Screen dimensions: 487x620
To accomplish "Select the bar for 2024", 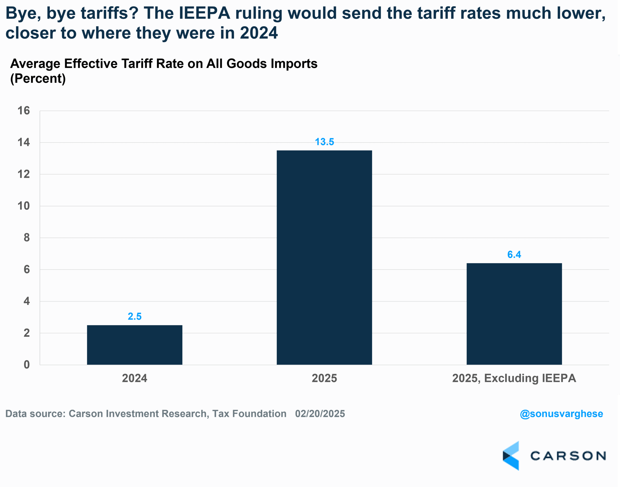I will click(x=134, y=345).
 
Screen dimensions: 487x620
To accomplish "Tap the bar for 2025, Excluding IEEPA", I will click(x=514, y=314).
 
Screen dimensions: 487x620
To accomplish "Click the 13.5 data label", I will click(x=324, y=142).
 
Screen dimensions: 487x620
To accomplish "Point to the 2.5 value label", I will click(x=134, y=316).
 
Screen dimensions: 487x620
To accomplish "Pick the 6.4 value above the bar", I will click(x=514, y=254).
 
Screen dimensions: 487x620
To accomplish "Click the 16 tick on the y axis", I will click(x=24, y=111).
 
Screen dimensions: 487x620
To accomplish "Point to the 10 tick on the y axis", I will click(x=24, y=206).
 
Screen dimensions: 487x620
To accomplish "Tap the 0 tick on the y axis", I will click(x=26, y=364).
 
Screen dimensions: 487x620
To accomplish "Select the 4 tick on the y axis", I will click(x=26, y=301).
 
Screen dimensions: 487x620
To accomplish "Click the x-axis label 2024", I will click(x=134, y=378).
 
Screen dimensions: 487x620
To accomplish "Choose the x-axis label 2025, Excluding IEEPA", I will click(x=514, y=378).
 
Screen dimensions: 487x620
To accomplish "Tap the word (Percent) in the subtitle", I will click(x=38, y=78).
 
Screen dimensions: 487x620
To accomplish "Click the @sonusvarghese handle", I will click(x=561, y=414).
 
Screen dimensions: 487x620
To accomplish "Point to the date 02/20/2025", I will click(x=320, y=414).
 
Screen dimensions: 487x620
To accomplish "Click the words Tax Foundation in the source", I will click(x=249, y=414).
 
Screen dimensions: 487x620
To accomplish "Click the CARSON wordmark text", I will click(x=568, y=456).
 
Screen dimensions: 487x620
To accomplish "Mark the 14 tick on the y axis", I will click(x=24, y=142).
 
